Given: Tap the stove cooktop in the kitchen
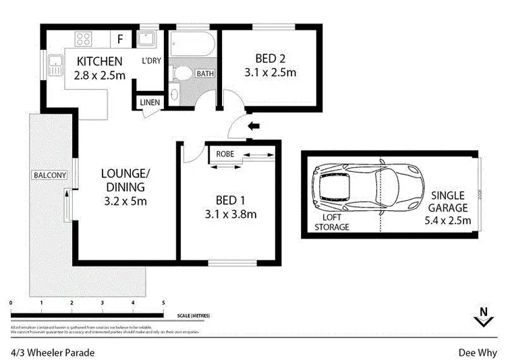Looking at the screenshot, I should pos(84,38).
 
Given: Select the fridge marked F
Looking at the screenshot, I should pos(120,38).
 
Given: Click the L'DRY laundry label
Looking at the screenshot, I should pos(150,61).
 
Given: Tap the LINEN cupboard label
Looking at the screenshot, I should pos(150,102).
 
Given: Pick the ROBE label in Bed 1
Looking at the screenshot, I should pos(225,154).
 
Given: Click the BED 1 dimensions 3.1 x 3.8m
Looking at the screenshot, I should pos(229,215).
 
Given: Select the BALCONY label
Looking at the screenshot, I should pos(50,176).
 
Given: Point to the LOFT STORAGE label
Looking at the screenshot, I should pos(332,223).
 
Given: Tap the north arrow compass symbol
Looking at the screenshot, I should pos(482,317).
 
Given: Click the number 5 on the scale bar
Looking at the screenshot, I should pos(163,303).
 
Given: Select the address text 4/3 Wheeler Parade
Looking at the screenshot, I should pos(52,352).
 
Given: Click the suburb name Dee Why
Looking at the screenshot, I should pos(478,352).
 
